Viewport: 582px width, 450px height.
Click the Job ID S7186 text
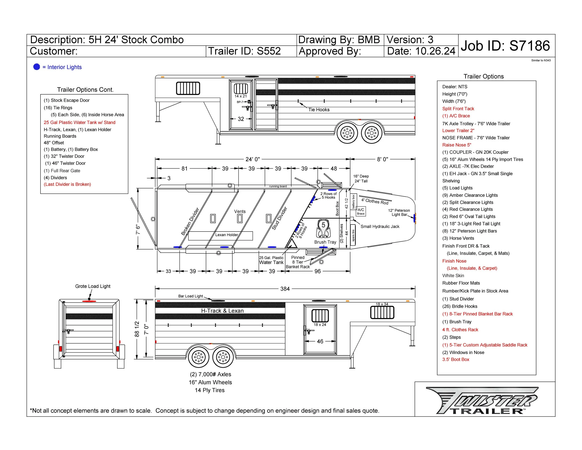click(x=505, y=46)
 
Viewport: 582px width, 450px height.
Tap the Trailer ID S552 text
click(x=244, y=51)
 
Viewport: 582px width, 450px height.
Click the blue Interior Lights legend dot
click(x=37, y=67)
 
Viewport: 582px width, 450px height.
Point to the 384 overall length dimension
click(x=285, y=289)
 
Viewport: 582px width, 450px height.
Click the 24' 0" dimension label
click(x=252, y=159)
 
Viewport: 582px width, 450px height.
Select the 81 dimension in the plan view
click(x=184, y=168)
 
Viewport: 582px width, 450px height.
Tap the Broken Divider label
click(x=190, y=221)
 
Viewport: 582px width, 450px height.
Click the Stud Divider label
click(x=279, y=218)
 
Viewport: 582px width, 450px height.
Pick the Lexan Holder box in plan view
click(x=221, y=236)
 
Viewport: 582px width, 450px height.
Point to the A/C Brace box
click(x=361, y=211)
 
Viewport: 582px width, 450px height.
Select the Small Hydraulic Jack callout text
click(x=380, y=226)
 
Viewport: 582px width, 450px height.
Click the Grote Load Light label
click(x=92, y=286)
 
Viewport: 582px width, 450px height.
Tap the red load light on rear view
click(x=89, y=301)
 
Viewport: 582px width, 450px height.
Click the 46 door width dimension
click(x=320, y=341)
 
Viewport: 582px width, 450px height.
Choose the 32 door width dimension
click(x=241, y=119)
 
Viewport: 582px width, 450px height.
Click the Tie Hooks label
click(x=319, y=109)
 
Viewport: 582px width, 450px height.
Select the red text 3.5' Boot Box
click(x=455, y=359)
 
